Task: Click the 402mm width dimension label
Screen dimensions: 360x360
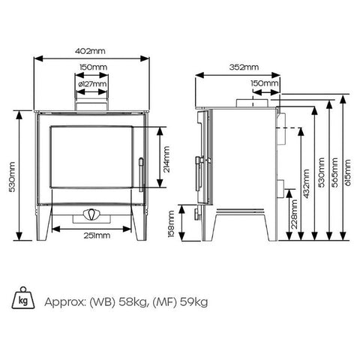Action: click(90, 51)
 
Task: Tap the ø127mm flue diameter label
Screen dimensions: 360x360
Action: click(92, 84)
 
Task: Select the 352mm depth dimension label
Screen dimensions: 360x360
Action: click(244, 67)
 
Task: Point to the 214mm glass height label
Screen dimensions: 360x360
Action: click(166, 159)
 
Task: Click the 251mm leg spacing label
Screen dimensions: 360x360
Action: click(97, 235)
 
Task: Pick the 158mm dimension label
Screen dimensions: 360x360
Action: click(172, 223)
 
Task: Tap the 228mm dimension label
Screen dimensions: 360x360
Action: click(295, 214)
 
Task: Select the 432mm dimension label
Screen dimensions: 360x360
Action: click(307, 184)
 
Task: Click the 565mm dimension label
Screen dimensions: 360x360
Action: click(334, 172)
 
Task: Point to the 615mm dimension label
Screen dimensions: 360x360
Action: click(348, 172)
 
